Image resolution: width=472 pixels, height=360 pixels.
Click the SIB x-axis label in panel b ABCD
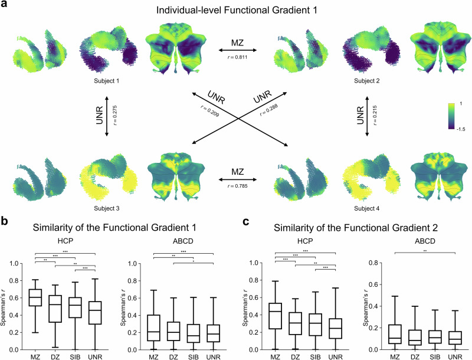(190, 355)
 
